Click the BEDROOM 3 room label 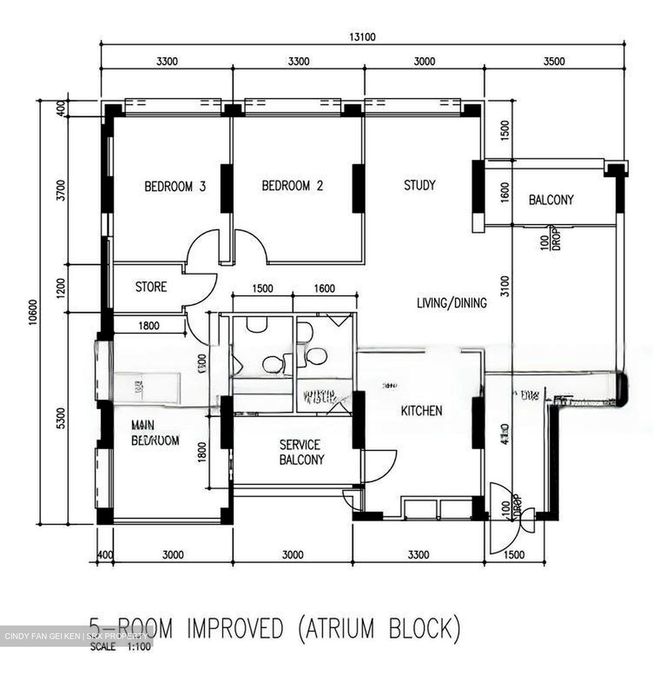pos(175,186)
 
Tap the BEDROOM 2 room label pos(292,186)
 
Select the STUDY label pos(419,185)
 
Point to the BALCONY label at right pos(551,200)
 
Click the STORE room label pos(151,287)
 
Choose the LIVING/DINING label pos(451,303)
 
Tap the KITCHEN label pos(421,411)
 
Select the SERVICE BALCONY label pos(301,452)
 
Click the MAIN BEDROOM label pos(154,432)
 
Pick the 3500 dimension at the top pos(554,61)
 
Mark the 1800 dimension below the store pos(149,326)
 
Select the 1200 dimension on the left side pos(60,288)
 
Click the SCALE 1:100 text pos(120,647)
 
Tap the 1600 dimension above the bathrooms pos(324,289)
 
